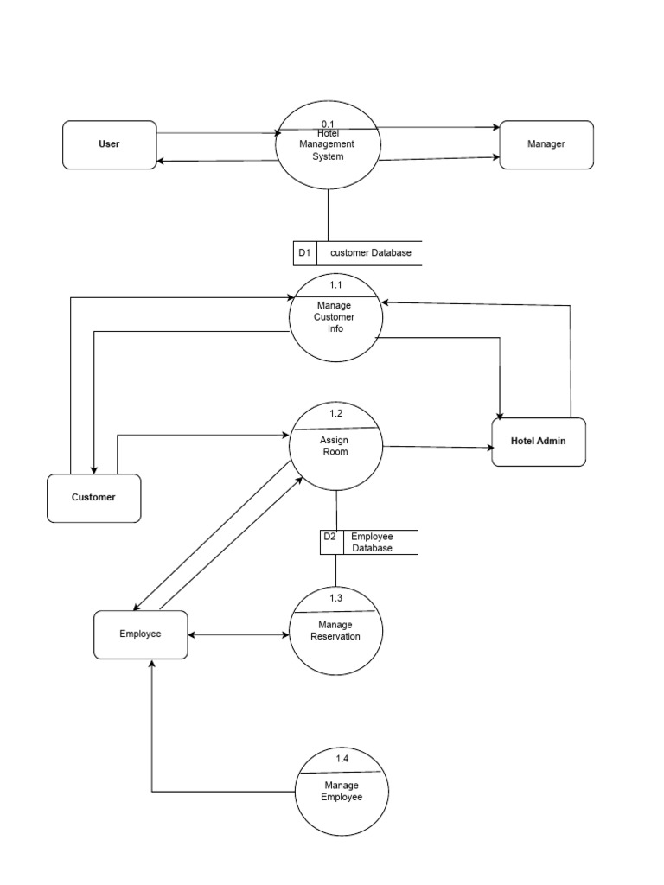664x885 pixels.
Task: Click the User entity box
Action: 110,144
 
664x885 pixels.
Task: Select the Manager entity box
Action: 546,144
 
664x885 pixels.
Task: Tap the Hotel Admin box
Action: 539,442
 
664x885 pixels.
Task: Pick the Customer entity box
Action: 93,498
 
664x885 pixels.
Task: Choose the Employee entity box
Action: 140,634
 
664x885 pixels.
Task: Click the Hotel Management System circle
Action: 329,145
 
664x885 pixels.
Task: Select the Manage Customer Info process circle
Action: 335,317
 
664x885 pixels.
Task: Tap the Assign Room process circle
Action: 335,448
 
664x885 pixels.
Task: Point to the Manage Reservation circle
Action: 335,631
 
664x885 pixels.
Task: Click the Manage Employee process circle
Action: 342,791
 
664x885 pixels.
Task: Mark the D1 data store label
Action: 304,253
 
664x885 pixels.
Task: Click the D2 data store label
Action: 330,537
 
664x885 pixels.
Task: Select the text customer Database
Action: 371,253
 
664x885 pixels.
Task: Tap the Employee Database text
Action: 372,543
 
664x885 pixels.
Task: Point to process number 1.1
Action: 335,284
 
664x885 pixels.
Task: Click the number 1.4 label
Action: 342,758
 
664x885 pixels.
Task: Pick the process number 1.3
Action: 335,598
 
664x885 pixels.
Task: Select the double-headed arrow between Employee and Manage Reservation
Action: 238,635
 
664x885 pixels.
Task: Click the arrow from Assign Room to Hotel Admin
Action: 437,447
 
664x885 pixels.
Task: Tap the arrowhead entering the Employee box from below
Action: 152,665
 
